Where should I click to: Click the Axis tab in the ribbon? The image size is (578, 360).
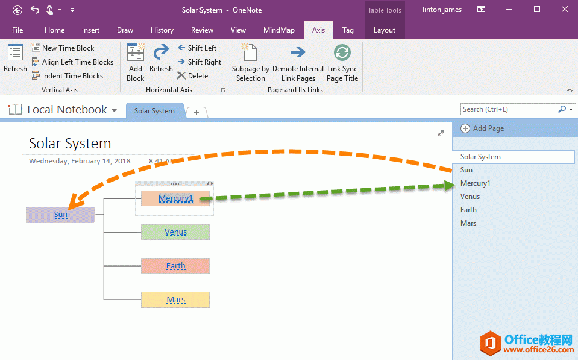coord(318,30)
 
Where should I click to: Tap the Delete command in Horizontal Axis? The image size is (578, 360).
coord(192,76)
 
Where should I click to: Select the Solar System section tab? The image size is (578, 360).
coord(154,111)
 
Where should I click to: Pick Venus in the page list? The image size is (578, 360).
coord(470,197)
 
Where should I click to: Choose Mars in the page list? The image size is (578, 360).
coord(468,223)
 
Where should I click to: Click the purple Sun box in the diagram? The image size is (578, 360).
coord(60,215)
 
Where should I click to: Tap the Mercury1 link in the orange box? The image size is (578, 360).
coord(175,198)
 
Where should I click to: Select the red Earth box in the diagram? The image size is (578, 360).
coord(175,266)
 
